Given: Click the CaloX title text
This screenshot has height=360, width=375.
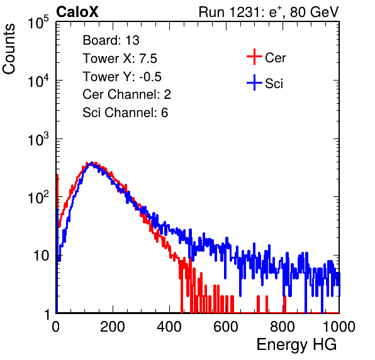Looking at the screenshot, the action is tap(77, 12).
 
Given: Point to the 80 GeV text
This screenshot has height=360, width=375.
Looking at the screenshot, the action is tap(314, 12).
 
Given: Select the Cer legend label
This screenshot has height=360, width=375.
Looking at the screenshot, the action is tap(276, 58).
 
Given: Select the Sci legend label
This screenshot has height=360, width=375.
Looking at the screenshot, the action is tap(274, 84).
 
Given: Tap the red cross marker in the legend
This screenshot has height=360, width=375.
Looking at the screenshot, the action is tap(254, 57).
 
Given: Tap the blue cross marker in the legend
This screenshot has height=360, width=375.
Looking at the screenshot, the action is tap(254, 82).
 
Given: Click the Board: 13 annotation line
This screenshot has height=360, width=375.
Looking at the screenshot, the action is tap(111, 40).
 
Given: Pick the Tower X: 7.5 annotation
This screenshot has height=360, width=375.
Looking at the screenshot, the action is tap(120, 59).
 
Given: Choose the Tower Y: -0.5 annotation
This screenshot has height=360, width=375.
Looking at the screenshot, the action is tap(122, 77).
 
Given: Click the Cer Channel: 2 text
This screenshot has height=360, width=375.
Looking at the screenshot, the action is tap(126, 94).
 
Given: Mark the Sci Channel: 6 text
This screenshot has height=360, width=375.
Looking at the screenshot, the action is tap(125, 113).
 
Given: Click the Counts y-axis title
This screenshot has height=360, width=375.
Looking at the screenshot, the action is tap(9, 49).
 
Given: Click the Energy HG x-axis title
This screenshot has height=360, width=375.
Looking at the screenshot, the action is tap(296, 345).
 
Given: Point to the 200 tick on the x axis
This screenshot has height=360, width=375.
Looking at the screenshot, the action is tap(113, 327).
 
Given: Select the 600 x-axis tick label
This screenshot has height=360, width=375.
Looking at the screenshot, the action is tap(226, 327).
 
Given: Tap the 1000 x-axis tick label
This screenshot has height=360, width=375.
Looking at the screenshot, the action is tap(339, 327).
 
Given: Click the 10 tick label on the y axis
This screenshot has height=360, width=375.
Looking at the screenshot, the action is tap(42, 256).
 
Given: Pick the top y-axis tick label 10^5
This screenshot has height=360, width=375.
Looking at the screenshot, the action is tap(38, 22).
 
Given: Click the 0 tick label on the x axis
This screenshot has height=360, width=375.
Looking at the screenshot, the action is tap(55, 327).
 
